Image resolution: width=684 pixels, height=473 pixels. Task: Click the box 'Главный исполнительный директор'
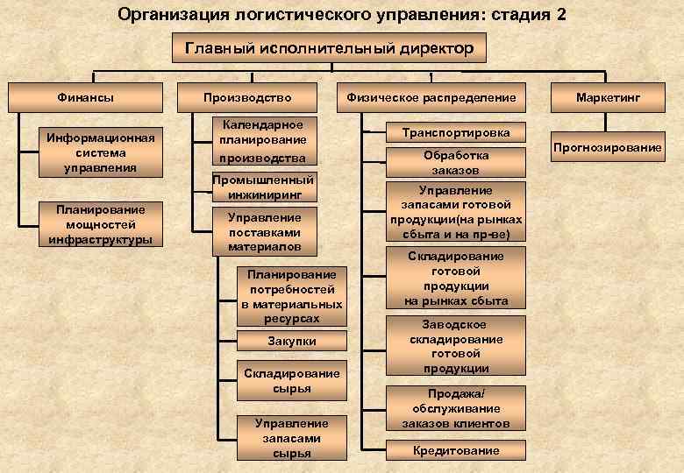(323, 48)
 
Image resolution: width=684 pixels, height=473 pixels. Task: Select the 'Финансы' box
(85, 97)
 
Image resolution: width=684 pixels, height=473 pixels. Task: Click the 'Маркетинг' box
(608, 97)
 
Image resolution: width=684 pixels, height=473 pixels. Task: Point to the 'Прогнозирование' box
(608, 147)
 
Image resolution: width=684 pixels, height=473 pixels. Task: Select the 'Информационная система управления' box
(100, 152)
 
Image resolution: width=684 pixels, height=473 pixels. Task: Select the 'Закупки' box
(291, 341)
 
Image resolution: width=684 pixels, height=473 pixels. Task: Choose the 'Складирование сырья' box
(291, 380)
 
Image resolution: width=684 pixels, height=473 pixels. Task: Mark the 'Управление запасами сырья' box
(291, 438)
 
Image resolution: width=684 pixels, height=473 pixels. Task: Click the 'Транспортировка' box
(456, 132)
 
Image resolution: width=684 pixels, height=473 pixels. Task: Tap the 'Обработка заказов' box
(456, 162)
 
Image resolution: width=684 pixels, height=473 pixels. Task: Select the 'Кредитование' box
(456, 450)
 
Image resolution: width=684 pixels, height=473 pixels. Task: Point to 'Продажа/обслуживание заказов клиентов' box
(456, 408)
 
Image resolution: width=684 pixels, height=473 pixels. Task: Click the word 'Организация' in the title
(167, 15)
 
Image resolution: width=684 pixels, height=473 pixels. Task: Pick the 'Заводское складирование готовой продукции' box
(456, 345)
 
